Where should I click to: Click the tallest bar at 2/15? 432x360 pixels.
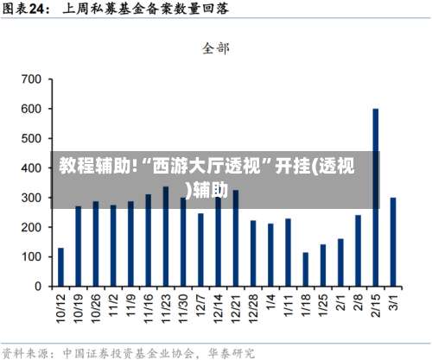(376, 197)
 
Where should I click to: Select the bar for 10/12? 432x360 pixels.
(60, 267)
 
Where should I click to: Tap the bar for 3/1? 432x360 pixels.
(393, 242)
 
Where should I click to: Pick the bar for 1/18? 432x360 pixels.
(305, 269)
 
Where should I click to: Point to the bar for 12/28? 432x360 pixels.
(253, 253)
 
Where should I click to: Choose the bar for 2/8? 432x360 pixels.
(358, 250)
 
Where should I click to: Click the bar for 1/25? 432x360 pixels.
(323, 265)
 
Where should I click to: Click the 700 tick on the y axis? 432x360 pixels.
(30, 79)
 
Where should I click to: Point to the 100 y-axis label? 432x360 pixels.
(30, 256)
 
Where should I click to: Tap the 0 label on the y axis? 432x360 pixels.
(37, 286)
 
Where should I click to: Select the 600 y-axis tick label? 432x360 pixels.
(30, 109)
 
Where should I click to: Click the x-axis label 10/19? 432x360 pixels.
(78, 309)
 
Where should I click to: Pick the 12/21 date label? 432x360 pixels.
(235, 309)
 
